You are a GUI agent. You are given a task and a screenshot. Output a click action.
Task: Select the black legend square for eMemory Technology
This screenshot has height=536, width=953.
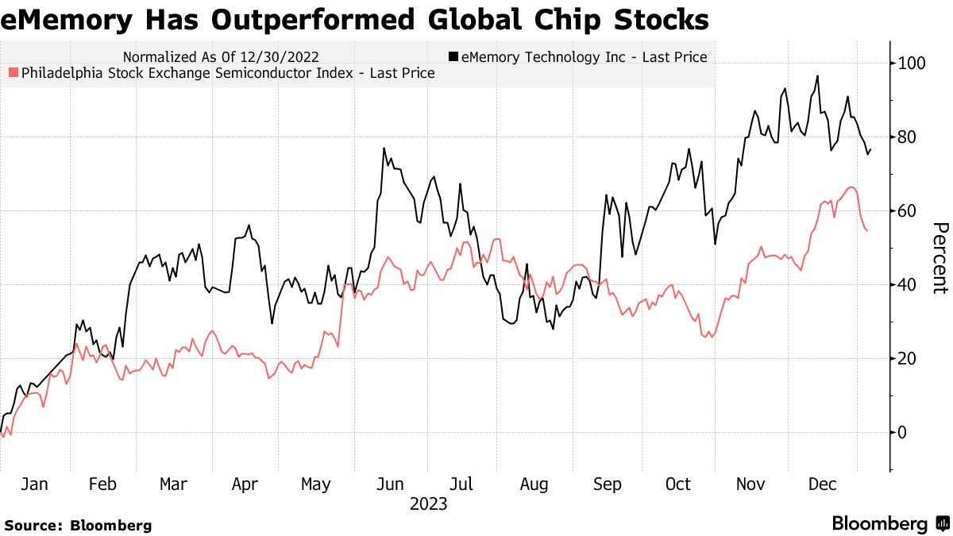click(x=453, y=57)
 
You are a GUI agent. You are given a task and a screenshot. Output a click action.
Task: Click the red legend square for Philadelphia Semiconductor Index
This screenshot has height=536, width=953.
click(x=11, y=74)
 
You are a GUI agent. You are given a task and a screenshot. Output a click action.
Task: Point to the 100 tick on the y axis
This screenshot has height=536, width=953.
click(x=910, y=63)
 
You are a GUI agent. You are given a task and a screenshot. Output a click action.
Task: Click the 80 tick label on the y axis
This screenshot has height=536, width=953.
click(x=907, y=137)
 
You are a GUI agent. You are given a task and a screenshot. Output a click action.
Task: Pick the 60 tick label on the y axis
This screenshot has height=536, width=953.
click(x=907, y=210)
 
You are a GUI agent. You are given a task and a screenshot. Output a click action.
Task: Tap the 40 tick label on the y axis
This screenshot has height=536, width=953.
click(x=907, y=284)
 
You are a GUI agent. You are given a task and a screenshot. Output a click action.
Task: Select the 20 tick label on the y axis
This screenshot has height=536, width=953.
click(x=907, y=358)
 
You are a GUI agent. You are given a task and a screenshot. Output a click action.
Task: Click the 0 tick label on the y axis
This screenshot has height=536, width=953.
click(x=902, y=433)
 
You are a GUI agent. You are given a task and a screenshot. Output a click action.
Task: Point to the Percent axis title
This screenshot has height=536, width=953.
click(x=939, y=258)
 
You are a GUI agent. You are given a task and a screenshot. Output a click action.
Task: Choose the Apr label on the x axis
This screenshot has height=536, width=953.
click(x=245, y=484)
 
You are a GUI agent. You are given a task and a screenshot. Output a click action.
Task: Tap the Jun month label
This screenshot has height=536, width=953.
click(x=389, y=484)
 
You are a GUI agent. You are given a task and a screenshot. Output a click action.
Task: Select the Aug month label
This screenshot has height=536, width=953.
click(x=534, y=484)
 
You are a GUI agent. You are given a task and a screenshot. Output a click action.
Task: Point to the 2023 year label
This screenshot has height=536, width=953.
click(x=428, y=504)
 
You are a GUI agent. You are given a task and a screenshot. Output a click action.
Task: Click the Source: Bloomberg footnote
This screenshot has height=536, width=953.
click(x=78, y=526)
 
